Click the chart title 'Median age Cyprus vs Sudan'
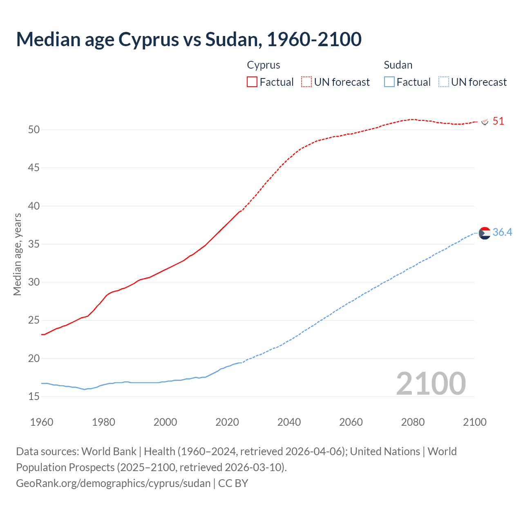pos(189,39)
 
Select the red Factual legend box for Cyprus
pos(252,82)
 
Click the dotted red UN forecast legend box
pos(306,82)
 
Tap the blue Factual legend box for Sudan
pos(389,82)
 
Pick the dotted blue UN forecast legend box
pos(443,82)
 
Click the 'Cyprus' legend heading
pos(264,65)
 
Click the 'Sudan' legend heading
pos(398,65)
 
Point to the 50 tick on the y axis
pos(34,130)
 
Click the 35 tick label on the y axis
pos(34,244)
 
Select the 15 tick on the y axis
pos(34,397)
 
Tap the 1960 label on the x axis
pos(42,422)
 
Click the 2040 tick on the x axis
pos(289,422)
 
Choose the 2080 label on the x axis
pos(413,422)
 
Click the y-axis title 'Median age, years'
pos(17,254)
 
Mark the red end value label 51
pos(498,121)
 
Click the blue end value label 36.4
pos(502,232)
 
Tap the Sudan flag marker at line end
pos(485,233)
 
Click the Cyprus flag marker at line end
pos(485,122)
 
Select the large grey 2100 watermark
pos(431,383)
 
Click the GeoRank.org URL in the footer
pos(113,483)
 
